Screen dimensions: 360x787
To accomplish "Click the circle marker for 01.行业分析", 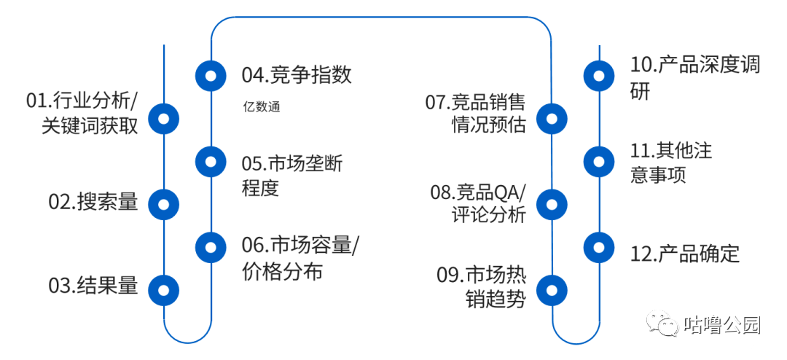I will [164, 117].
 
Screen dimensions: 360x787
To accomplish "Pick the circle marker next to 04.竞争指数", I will [211, 75].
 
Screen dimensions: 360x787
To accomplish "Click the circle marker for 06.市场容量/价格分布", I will [211, 247].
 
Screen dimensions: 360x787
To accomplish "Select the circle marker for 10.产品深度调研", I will [600, 75].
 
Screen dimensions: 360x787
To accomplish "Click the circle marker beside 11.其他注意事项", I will [600, 161].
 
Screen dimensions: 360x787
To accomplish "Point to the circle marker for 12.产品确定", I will [600, 247].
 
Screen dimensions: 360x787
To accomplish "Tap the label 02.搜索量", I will [93, 202].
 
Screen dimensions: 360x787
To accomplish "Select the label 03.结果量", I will [93, 286].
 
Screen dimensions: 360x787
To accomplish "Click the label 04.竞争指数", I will [297, 74].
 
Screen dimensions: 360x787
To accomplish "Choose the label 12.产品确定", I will [685, 254].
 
